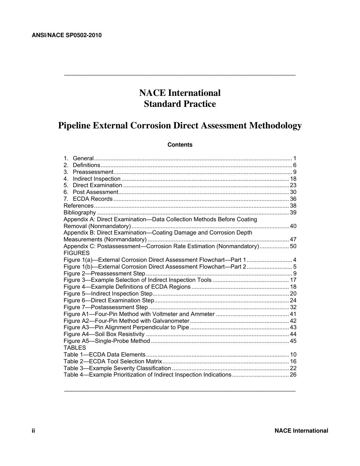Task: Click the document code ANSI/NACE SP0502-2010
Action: (x=67, y=35)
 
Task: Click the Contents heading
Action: (x=180, y=145)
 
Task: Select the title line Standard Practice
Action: (x=180, y=104)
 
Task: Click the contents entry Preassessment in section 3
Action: (x=93, y=172)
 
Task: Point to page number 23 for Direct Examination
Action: (x=293, y=185)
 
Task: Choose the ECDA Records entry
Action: (x=92, y=199)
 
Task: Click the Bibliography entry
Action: (x=80, y=213)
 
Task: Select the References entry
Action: (x=78, y=206)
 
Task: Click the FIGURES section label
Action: (x=77, y=253)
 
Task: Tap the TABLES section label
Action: (x=75, y=348)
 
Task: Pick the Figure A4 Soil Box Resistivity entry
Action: (x=104, y=334)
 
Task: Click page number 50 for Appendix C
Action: (x=293, y=246)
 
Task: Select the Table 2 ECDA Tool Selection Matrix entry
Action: (x=113, y=361)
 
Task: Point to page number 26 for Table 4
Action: (x=293, y=375)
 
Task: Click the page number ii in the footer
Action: (x=33, y=431)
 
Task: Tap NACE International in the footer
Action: (x=301, y=431)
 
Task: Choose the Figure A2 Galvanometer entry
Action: (x=126, y=321)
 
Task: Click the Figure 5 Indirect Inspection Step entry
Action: (x=108, y=294)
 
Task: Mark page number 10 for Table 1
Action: (x=293, y=355)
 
